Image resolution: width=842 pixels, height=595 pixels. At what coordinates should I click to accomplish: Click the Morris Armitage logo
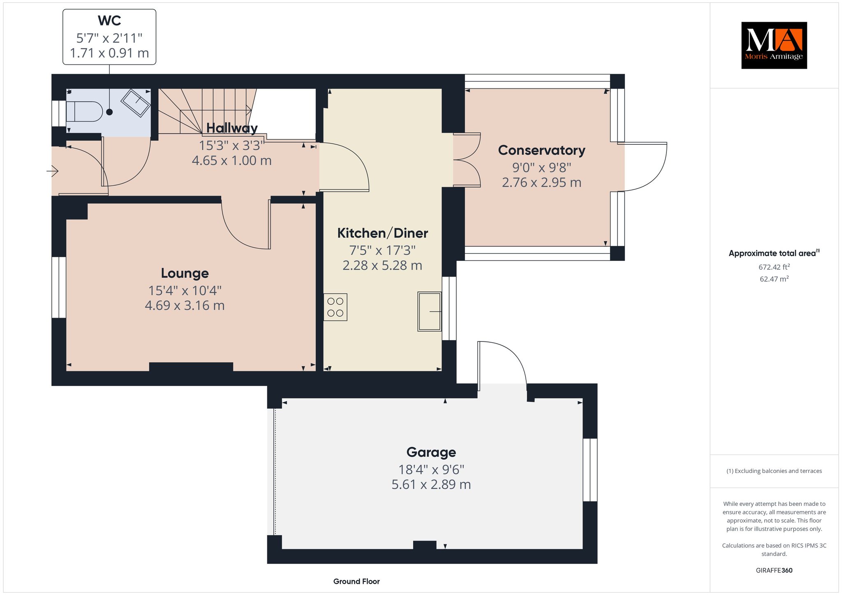[x=774, y=45]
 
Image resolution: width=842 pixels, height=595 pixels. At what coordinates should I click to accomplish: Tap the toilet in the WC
[x=84, y=111]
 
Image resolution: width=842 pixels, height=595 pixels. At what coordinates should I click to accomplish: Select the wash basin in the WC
[x=136, y=102]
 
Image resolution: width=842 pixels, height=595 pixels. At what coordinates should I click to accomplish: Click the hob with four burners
[x=335, y=307]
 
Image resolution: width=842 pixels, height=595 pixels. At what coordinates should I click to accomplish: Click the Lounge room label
[x=185, y=273]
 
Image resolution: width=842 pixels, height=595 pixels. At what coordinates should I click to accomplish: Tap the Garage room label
[x=431, y=452]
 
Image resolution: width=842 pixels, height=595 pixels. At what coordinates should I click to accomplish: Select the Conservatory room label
[x=541, y=150]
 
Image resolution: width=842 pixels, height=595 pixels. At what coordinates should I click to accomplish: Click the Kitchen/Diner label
[x=382, y=233]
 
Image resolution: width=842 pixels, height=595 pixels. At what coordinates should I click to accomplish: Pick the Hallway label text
[x=232, y=128]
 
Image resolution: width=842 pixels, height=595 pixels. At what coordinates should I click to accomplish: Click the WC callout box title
[x=109, y=20]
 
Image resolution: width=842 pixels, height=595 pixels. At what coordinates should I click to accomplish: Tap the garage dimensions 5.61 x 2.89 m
[x=431, y=484]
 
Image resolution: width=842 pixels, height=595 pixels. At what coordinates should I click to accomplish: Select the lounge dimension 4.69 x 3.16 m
[x=185, y=305]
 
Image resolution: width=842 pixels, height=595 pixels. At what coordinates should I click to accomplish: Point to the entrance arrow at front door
[x=52, y=171]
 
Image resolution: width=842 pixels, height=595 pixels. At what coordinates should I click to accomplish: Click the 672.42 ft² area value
[x=774, y=267]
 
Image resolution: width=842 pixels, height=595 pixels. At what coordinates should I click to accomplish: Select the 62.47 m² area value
[x=774, y=279]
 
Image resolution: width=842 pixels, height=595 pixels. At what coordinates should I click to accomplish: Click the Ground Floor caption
[x=356, y=581]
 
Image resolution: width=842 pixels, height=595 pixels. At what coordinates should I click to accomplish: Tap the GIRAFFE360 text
[x=774, y=570]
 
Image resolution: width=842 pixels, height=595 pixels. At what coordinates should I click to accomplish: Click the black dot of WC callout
[x=109, y=112]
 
